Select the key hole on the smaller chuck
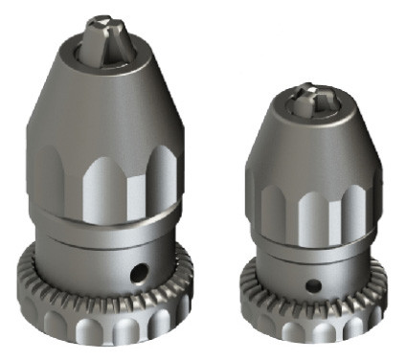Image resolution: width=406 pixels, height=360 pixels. pyautogui.click(x=313, y=283)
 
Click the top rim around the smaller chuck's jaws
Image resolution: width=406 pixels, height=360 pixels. pyautogui.click(x=287, y=108)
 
